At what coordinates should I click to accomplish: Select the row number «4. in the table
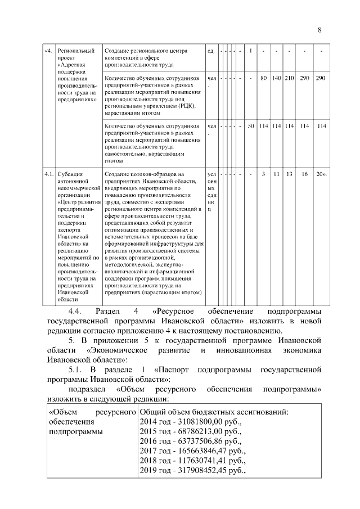49,52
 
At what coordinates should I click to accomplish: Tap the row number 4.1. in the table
49,174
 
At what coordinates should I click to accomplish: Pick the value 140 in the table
277,77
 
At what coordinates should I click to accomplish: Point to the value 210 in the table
289,77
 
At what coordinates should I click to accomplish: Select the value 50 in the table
251,125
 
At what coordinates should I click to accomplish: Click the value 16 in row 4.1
304,174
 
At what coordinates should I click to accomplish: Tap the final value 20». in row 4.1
322,174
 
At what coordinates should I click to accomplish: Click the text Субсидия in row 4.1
70,174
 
